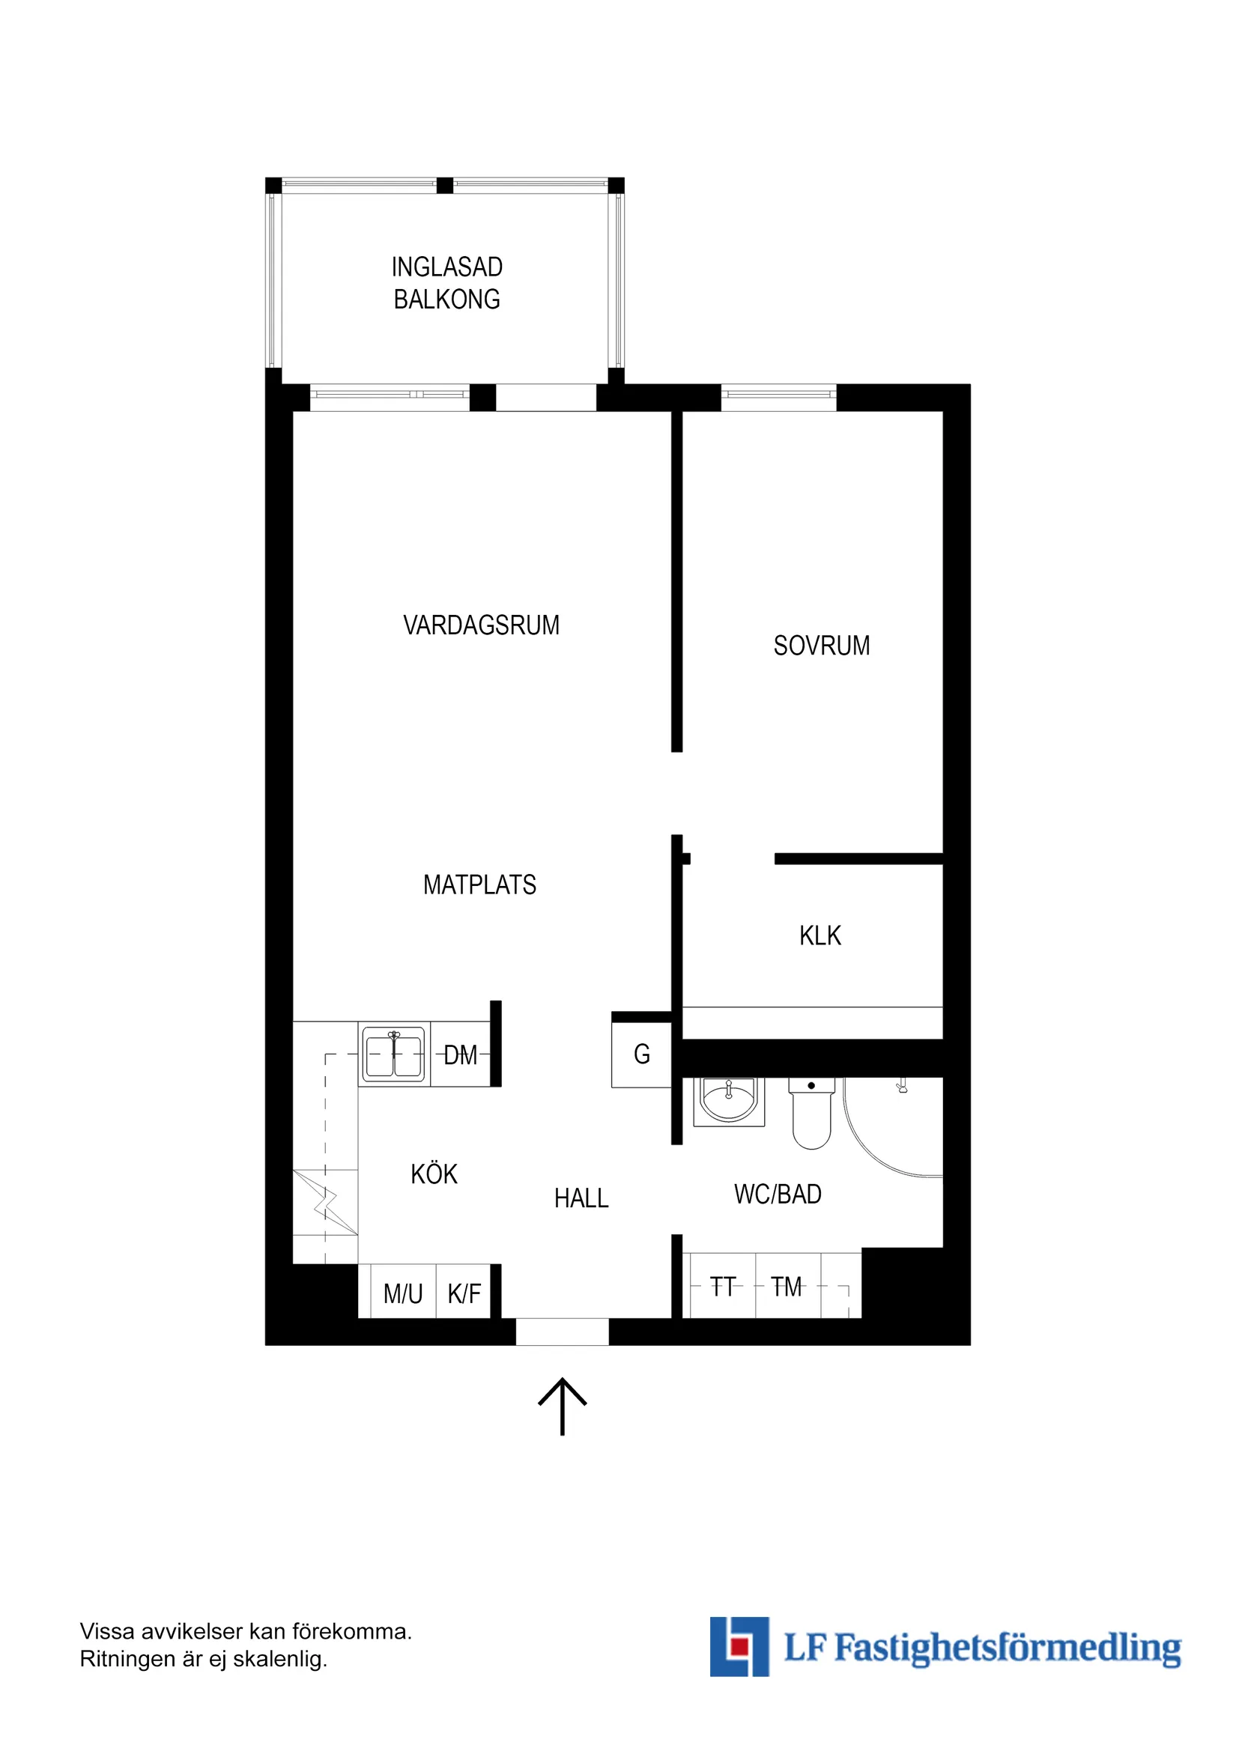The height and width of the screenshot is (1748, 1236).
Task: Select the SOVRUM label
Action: (x=821, y=646)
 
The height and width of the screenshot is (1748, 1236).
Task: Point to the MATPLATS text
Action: (x=479, y=884)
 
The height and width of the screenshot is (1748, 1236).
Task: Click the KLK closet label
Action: (x=820, y=935)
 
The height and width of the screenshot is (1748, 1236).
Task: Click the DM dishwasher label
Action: (x=460, y=1055)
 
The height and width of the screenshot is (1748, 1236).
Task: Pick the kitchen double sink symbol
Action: (x=394, y=1054)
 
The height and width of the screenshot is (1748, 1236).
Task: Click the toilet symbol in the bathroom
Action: (x=811, y=1116)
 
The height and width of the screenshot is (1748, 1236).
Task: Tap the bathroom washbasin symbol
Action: (x=729, y=1102)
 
